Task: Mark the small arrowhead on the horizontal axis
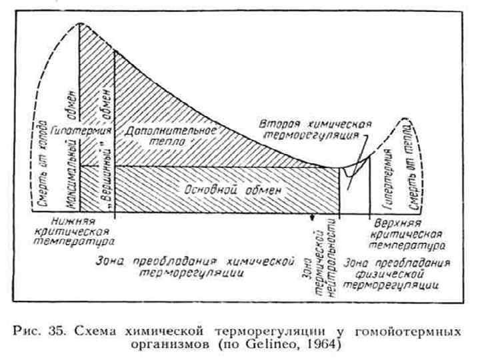(311, 217)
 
